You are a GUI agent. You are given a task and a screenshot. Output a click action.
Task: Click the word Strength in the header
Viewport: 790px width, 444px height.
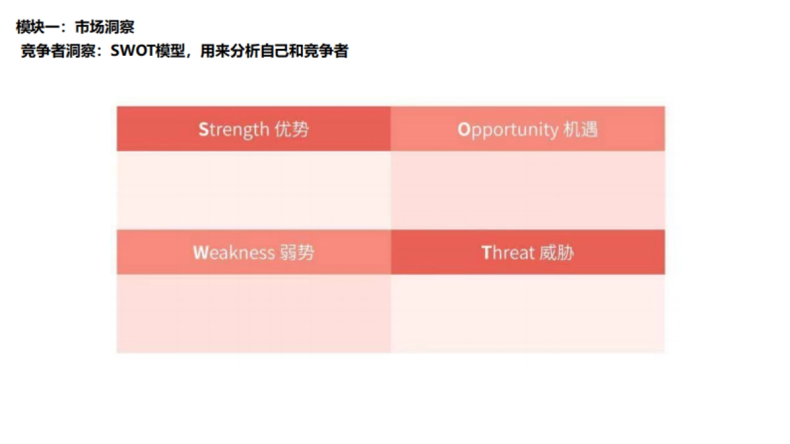pyautogui.click(x=234, y=130)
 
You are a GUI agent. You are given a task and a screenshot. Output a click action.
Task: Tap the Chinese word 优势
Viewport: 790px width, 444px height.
pyautogui.click(x=292, y=130)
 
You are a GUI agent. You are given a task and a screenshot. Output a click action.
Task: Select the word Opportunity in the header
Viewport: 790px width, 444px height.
pyautogui.click(x=508, y=130)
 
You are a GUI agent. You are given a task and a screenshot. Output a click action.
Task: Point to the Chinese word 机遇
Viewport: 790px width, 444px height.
pyautogui.click(x=581, y=130)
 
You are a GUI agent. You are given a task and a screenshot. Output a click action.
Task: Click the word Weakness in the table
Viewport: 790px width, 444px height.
pyautogui.click(x=234, y=253)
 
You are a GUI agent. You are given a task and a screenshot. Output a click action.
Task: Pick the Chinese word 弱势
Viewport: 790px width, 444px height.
pyautogui.click(x=297, y=253)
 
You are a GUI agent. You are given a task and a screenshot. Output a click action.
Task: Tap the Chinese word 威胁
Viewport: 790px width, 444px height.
pyautogui.click(x=557, y=253)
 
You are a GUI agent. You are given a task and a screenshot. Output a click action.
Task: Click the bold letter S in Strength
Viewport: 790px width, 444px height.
pyautogui.click(x=203, y=130)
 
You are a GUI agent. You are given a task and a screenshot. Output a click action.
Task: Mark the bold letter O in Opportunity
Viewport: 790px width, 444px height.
pyautogui.click(x=463, y=130)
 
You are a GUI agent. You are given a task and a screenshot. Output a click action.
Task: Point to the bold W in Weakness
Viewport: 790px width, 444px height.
pyautogui.click(x=200, y=253)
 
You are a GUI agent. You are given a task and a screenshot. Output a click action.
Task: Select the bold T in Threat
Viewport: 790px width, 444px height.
pyautogui.click(x=487, y=253)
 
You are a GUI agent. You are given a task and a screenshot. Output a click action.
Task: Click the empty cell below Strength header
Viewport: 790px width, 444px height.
pyautogui.click(x=253, y=190)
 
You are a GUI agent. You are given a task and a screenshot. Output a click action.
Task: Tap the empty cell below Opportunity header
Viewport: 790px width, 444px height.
pyautogui.click(x=527, y=190)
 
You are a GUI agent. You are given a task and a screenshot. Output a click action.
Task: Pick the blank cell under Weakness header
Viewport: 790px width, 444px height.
pyautogui.click(x=253, y=313)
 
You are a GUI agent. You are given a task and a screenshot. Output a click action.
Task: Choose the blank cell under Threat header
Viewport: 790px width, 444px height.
pyautogui.click(x=527, y=313)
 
